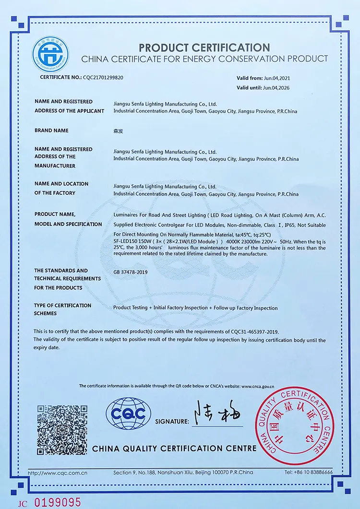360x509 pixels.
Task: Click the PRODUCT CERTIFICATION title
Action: (x=204, y=47)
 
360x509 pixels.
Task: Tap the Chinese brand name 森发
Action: (x=118, y=130)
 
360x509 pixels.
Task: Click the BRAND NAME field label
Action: (x=51, y=130)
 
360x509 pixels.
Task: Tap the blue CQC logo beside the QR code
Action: (x=128, y=414)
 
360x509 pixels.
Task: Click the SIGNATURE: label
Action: (x=172, y=421)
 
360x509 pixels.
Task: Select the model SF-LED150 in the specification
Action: (x=126, y=241)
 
